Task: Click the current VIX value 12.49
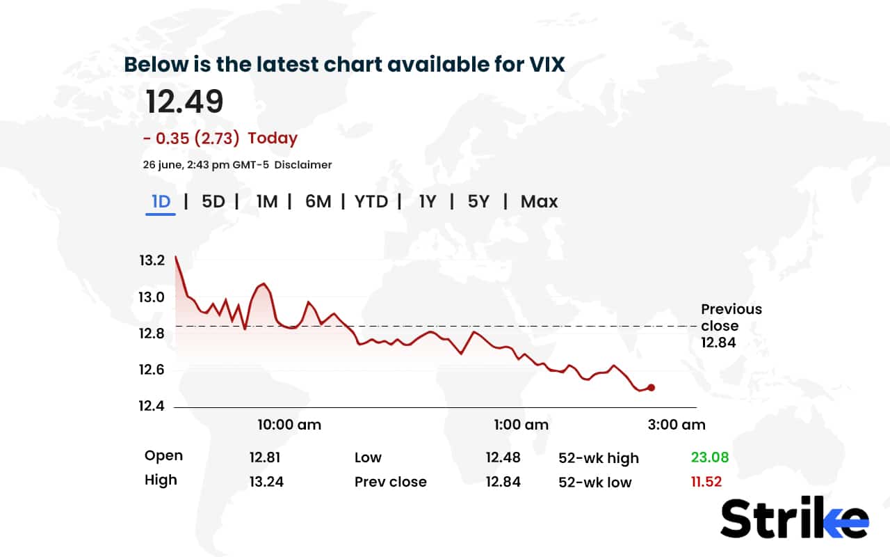(x=184, y=102)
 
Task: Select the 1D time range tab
(x=161, y=202)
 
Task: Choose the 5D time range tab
(x=213, y=202)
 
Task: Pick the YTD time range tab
(x=371, y=202)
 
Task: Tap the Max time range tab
(x=539, y=202)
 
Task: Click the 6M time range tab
(x=318, y=202)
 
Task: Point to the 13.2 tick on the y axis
(x=152, y=261)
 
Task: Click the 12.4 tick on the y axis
(x=152, y=406)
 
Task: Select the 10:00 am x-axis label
(x=289, y=425)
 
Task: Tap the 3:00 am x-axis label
(x=677, y=425)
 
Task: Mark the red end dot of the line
(x=651, y=388)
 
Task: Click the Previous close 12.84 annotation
(x=731, y=325)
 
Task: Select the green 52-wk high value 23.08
(x=709, y=457)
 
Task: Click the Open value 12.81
(x=264, y=457)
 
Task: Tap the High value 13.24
(x=266, y=482)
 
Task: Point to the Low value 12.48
(x=503, y=457)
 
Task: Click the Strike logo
(x=794, y=519)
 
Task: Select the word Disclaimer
(x=302, y=165)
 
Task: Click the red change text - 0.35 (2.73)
(x=191, y=138)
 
